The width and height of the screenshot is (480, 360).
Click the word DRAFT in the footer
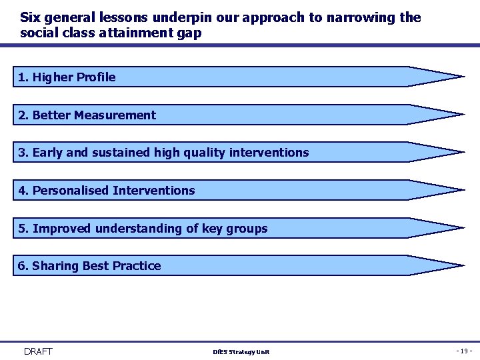(x=38, y=351)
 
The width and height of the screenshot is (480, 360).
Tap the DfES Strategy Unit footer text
(x=241, y=352)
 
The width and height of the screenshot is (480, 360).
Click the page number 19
(x=464, y=351)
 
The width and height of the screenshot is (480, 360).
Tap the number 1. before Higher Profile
(x=23, y=77)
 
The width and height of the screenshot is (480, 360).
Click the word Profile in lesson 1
(x=96, y=77)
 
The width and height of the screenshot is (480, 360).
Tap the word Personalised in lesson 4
(x=71, y=191)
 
